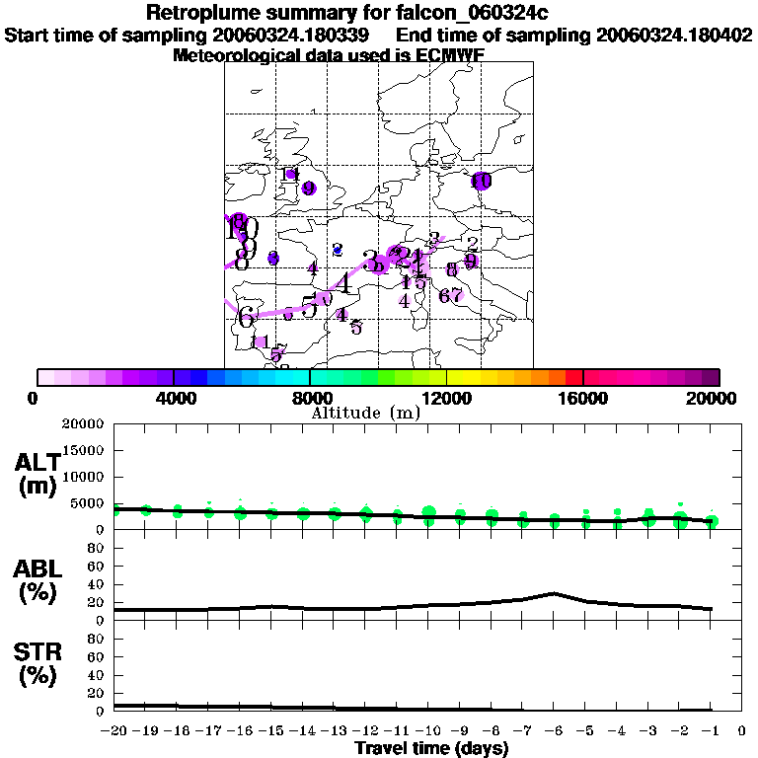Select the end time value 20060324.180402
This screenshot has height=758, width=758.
click(674, 35)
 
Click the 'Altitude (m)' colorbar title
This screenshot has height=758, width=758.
click(366, 413)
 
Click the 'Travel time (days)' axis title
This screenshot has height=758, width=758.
click(431, 748)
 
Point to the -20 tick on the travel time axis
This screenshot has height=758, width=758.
click(114, 731)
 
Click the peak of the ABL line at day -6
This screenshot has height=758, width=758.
click(554, 593)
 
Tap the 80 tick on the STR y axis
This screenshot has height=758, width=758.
click(98, 639)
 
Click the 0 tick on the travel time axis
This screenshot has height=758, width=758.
click(741, 731)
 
